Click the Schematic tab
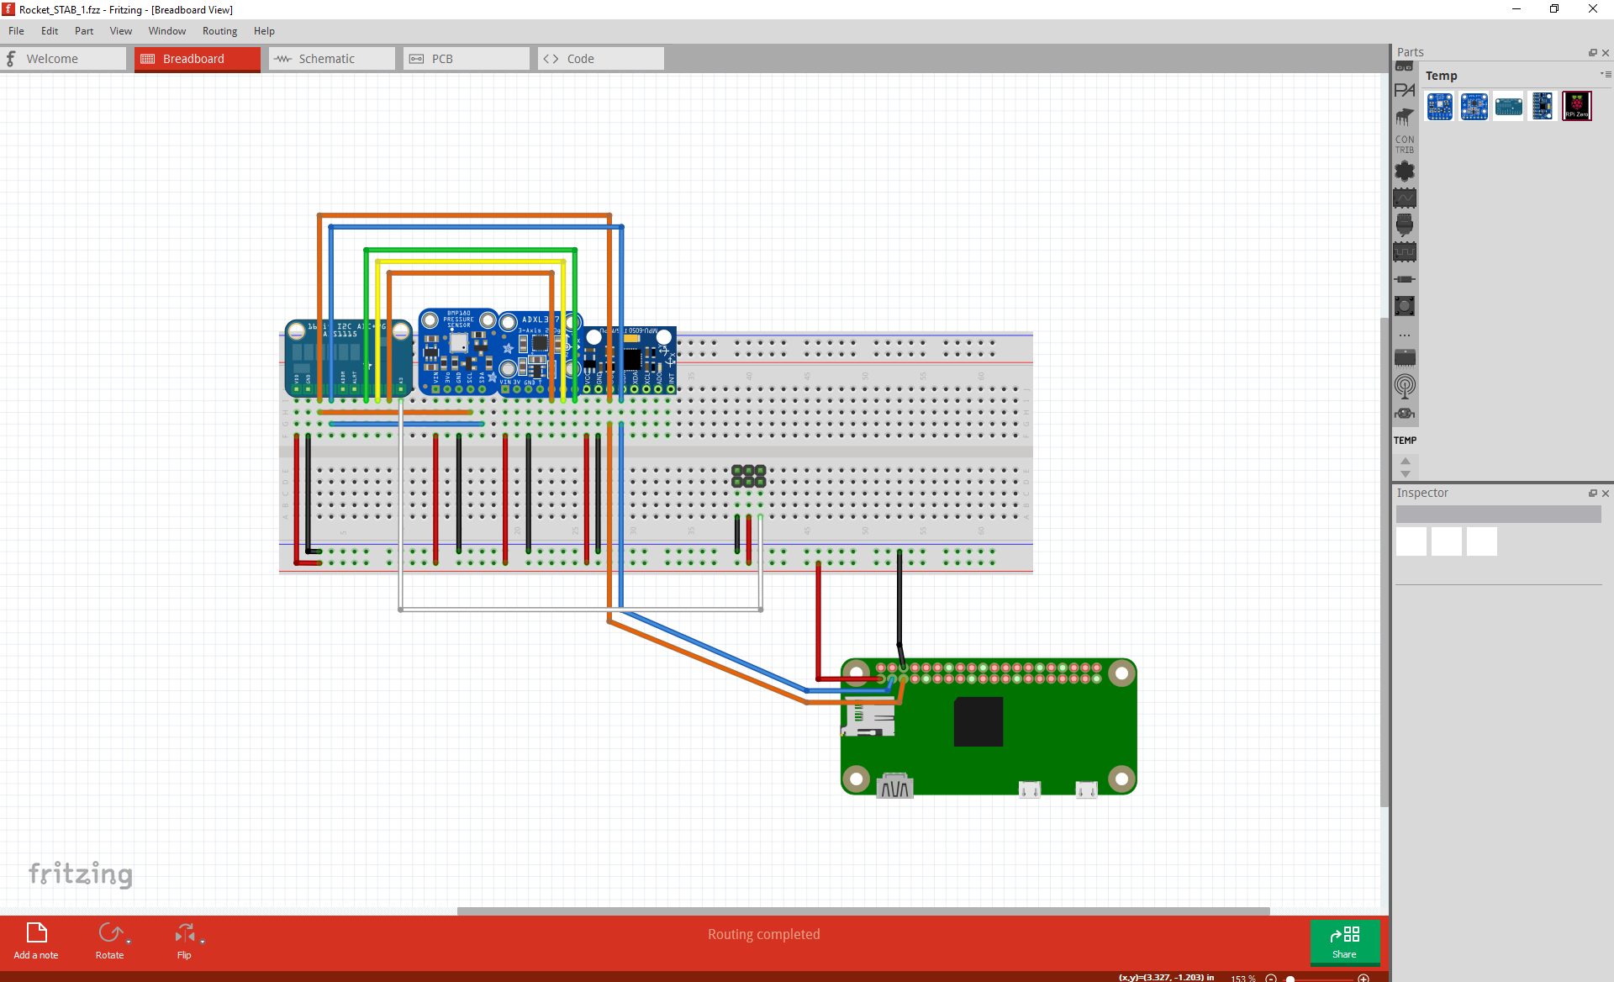(x=326, y=59)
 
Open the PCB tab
(x=442, y=59)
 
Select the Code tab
(x=580, y=59)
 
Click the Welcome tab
(x=52, y=59)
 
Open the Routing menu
(x=219, y=31)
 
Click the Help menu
(x=264, y=31)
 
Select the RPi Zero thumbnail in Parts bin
(x=1576, y=107)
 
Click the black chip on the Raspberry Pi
(x=978, y=721)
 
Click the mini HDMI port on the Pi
(x=894, y=786)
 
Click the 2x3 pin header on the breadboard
(x=748, y=476)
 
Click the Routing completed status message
(x=763, y=934)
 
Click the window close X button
(x=1592, y=9)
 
